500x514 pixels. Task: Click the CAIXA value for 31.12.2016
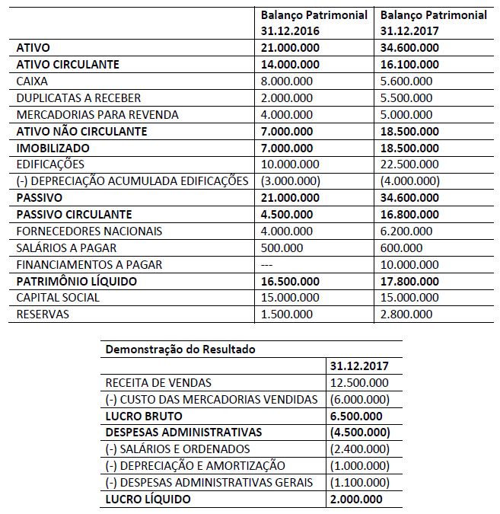[x=286, y=81]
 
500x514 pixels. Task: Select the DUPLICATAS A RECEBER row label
[x=78, y=98]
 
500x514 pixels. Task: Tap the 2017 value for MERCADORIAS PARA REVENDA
[x=406, y=115]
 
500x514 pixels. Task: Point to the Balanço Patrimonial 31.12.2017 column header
[x=433, y=24]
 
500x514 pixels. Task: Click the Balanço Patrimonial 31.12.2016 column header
[x=314, y=24]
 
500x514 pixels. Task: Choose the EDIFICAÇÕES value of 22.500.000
[x=409, y=164]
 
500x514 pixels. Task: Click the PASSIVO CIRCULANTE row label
[x=74, y=215]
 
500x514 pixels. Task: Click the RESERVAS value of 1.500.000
[x=287, y=314]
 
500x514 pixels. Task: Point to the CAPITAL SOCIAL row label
[x=58, y=298]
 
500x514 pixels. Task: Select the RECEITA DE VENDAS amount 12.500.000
[x=359, y=383]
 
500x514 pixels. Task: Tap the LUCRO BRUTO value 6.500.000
[x=356, y=417]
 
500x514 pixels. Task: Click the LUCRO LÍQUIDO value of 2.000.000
[x=356, y=500]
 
